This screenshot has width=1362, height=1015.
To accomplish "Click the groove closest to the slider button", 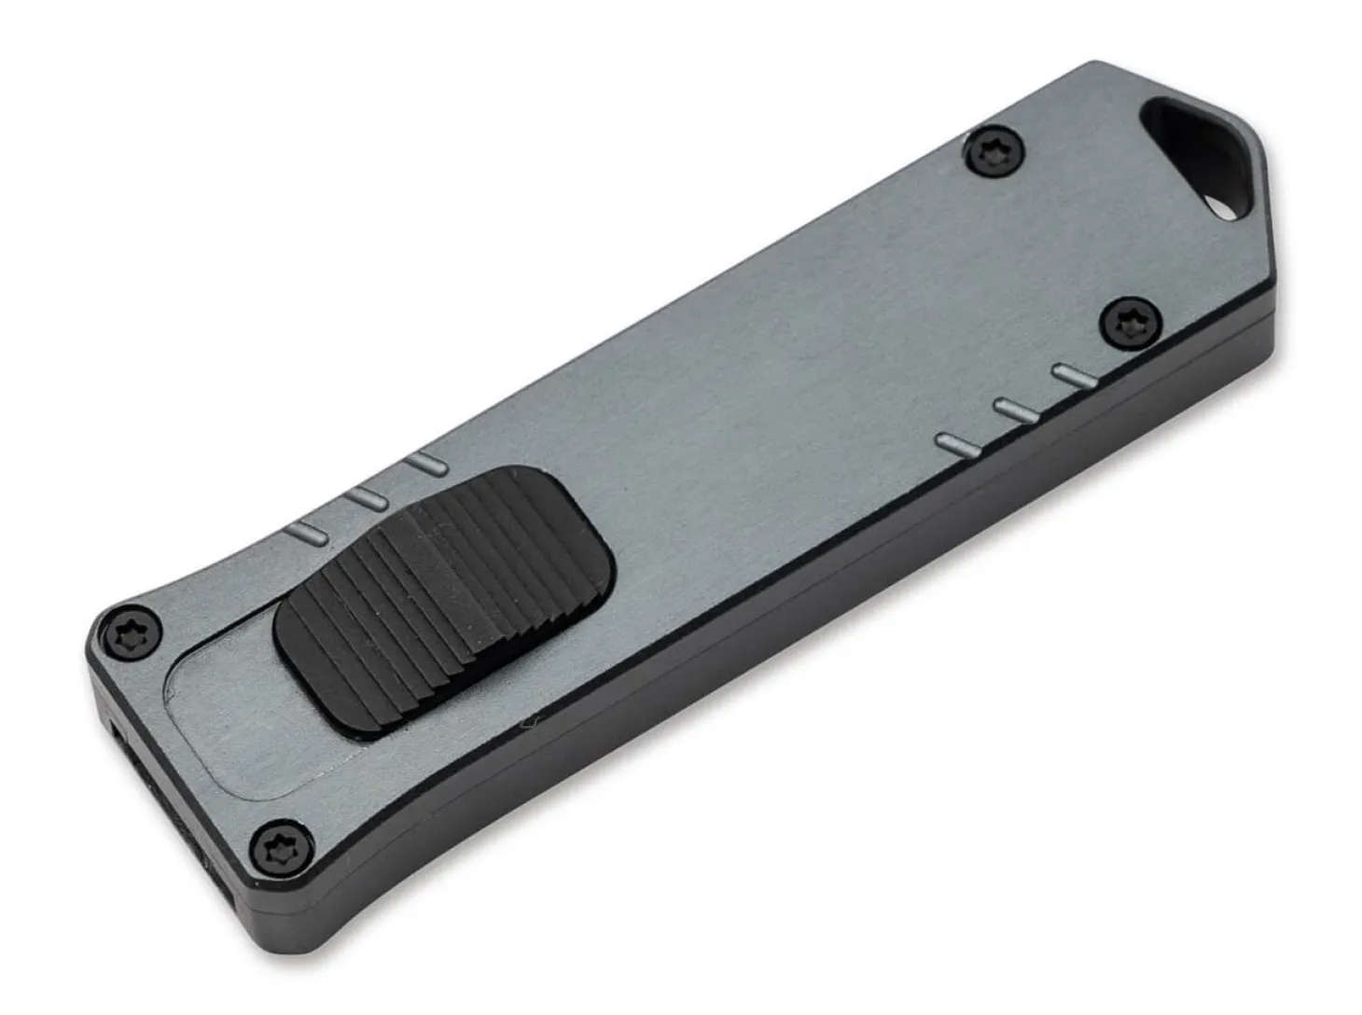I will coord(305,535).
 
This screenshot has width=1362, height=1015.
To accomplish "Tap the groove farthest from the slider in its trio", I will coord(427,464).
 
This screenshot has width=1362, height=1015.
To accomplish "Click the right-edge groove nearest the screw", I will coord(1072,376).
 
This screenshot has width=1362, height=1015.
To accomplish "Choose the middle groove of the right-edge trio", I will coord(1015,410).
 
